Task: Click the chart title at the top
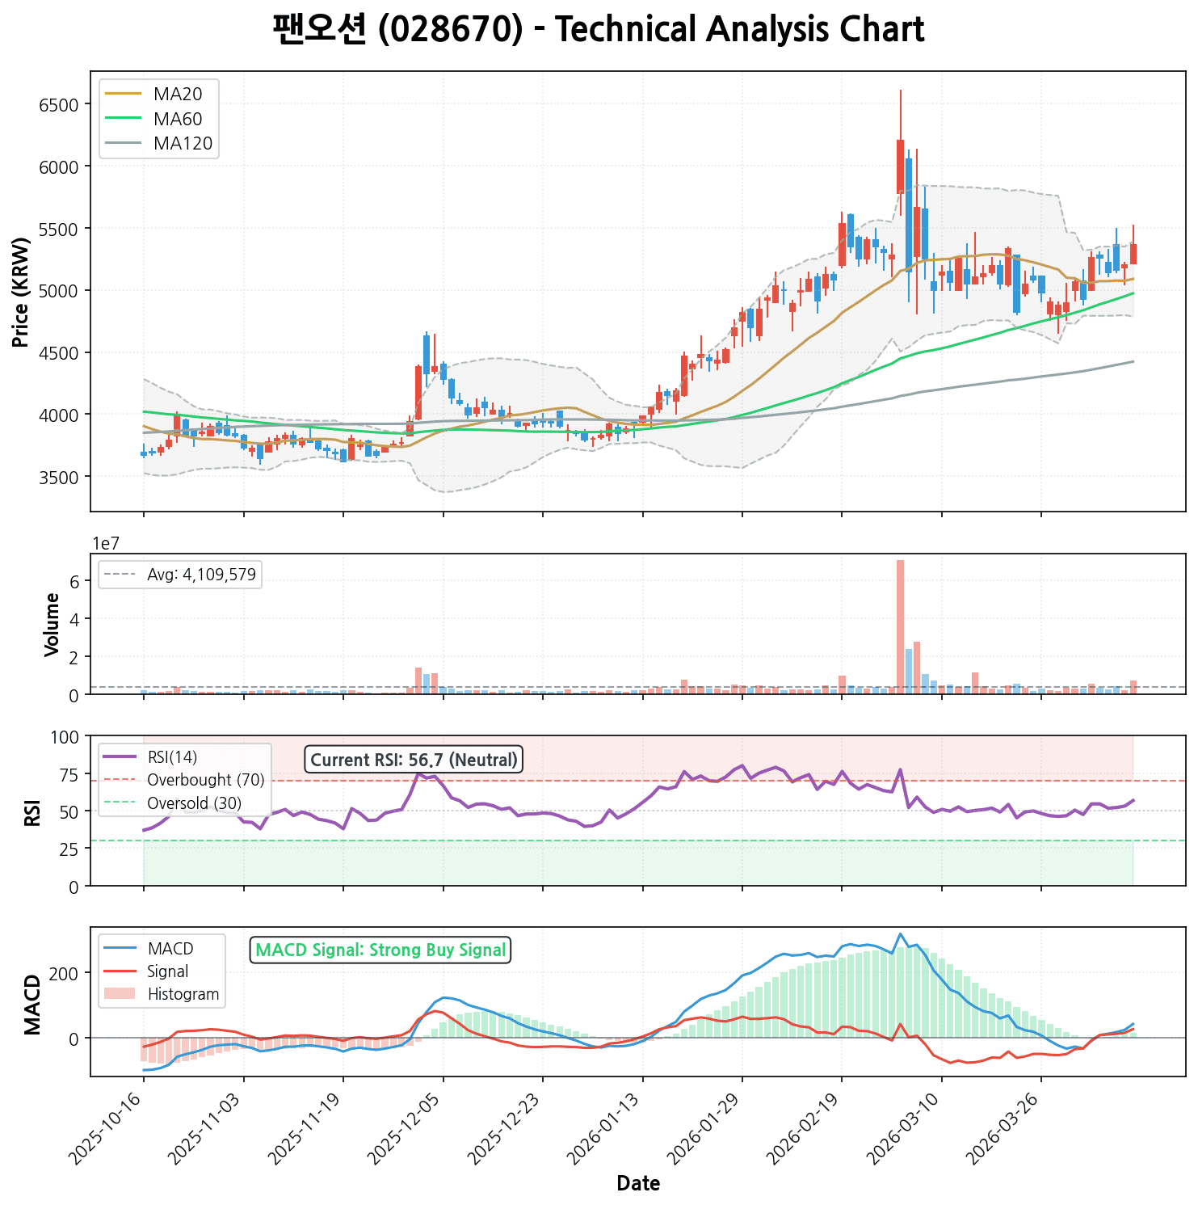598,30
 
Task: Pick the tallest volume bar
900,626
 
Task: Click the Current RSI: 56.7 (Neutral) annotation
414,760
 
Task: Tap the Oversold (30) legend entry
194,803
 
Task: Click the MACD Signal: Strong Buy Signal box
380,950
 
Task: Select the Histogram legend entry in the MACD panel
183,994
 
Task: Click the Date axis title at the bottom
638,1184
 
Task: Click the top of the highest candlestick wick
900,91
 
